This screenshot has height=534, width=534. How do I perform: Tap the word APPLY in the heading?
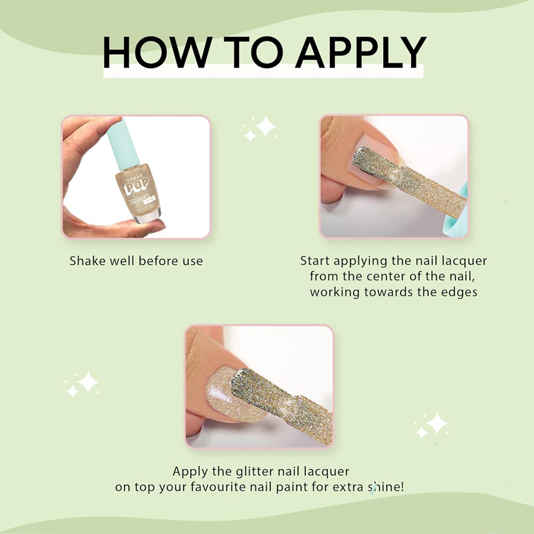[x=361, y=53]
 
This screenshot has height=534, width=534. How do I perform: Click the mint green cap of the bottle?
[x=123, y=144]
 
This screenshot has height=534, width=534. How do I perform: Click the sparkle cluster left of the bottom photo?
[x=82, y=384]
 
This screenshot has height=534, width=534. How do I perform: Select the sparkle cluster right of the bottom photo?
[x=431, y=425]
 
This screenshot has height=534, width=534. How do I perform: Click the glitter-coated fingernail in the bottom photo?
[x=222, y=395]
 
